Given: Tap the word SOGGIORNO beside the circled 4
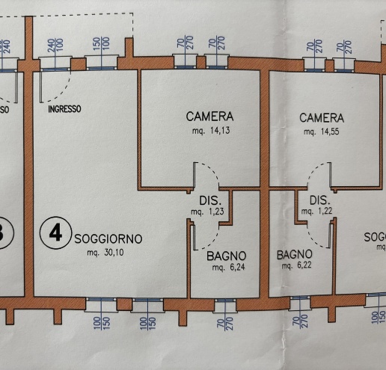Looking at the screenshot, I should click(x=108, y=239).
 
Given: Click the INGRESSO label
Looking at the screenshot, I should click(x=64, y=109).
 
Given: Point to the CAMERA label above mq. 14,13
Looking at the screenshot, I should click(x=209, y=117).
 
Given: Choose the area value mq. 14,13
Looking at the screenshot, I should click(x=210, y=131).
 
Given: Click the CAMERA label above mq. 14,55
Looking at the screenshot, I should click(x=322, y=118).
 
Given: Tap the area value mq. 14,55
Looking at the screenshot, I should click(x=322, y=132).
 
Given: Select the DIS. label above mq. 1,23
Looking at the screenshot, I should click(x=209, y=201).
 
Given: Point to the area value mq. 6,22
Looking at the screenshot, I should click(x=294, y=265).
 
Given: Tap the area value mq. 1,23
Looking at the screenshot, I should click(x=207, y=213).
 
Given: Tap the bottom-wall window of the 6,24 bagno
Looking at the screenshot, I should click(x=224, y=305).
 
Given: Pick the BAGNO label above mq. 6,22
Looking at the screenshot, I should click(x=294, y=254).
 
